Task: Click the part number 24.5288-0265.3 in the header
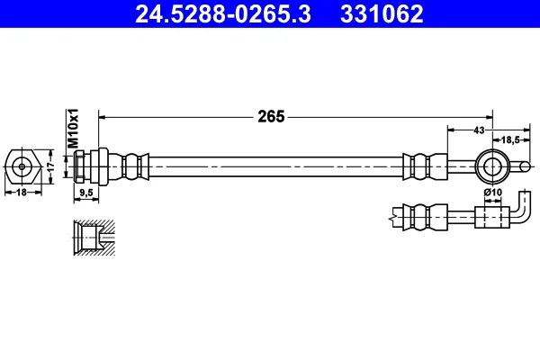coord(223,14)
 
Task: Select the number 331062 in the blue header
coord(382,14)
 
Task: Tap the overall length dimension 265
coord(271,117)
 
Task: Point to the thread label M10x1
coord(73,128)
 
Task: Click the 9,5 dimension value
coord(86,193)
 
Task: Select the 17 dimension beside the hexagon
coord(51,166)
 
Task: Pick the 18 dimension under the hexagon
coord(22,193)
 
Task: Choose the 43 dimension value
coord(479,130)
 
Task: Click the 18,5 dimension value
coord(510,139)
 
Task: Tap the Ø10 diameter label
coord(493,192)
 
